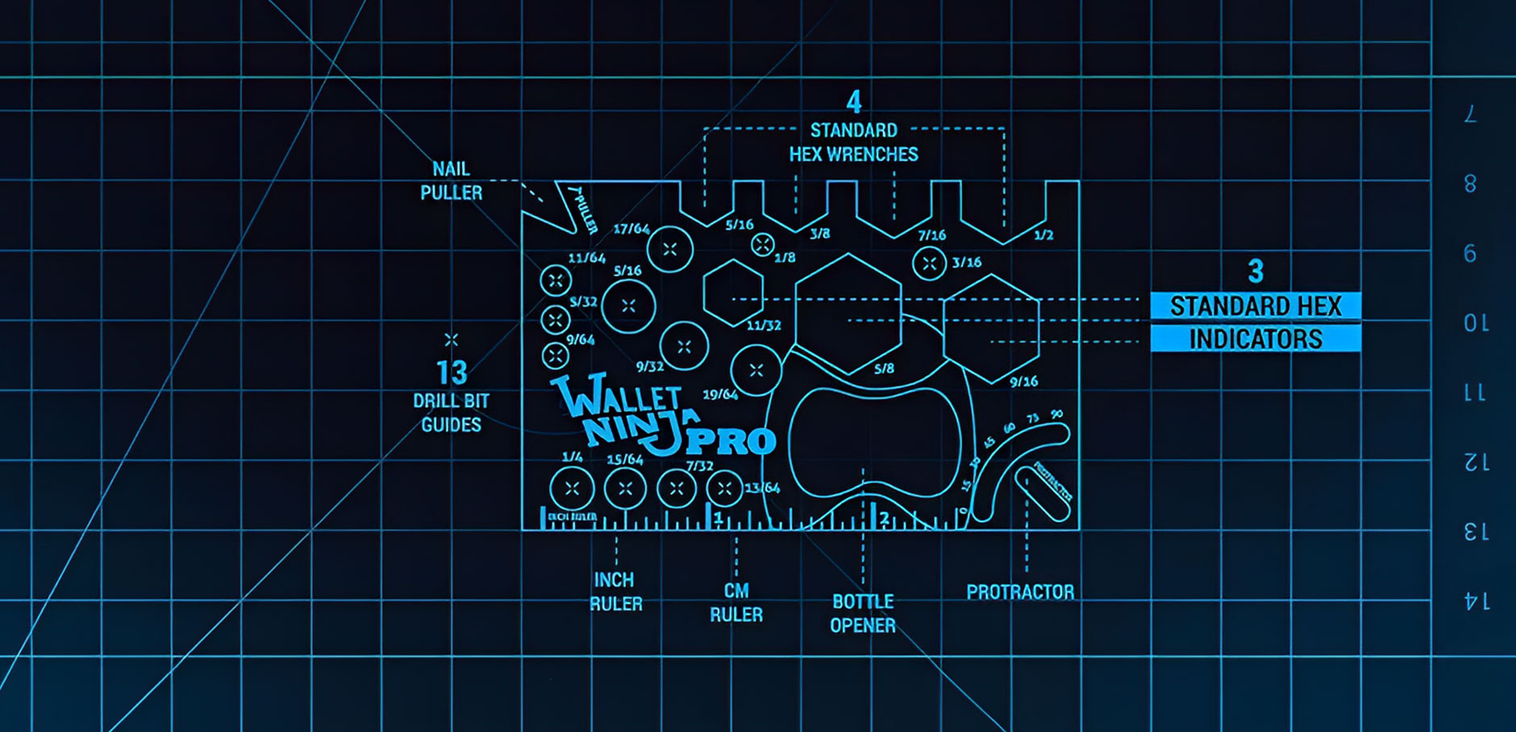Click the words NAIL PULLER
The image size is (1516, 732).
(x=451, y=181)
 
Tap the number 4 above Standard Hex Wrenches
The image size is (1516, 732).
(x=854, y=102)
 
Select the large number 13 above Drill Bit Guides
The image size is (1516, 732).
(x=452, y=372)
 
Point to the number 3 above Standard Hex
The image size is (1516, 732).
(x=1256, y=272)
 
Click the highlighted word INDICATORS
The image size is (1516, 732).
(x=1256, y=339)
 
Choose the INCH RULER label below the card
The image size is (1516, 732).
(x=615, y=592)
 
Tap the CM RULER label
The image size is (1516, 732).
(x=735, y=602)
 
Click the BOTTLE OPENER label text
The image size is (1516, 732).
(x=863, y=613)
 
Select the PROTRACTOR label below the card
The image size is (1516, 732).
(x=1020, y=592)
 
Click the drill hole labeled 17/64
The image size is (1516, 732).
(x=669, y=250)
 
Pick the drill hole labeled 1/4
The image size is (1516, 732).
(x=572, y=489)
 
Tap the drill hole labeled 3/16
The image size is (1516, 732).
(x=929, y=263)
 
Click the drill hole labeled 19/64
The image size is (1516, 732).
(x=756, y=370)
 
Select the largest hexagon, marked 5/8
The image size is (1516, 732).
(x=848, y=314)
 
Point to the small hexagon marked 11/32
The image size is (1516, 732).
(x=733, y=293)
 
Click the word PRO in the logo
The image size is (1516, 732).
(x=731, y=442)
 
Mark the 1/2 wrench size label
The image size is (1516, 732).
(x=1043, y=235)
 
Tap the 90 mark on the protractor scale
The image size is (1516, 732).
(x=1056, y=414)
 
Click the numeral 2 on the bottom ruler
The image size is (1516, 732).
(x=885, y=518)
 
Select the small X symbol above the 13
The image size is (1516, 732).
(x=452, y=339)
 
